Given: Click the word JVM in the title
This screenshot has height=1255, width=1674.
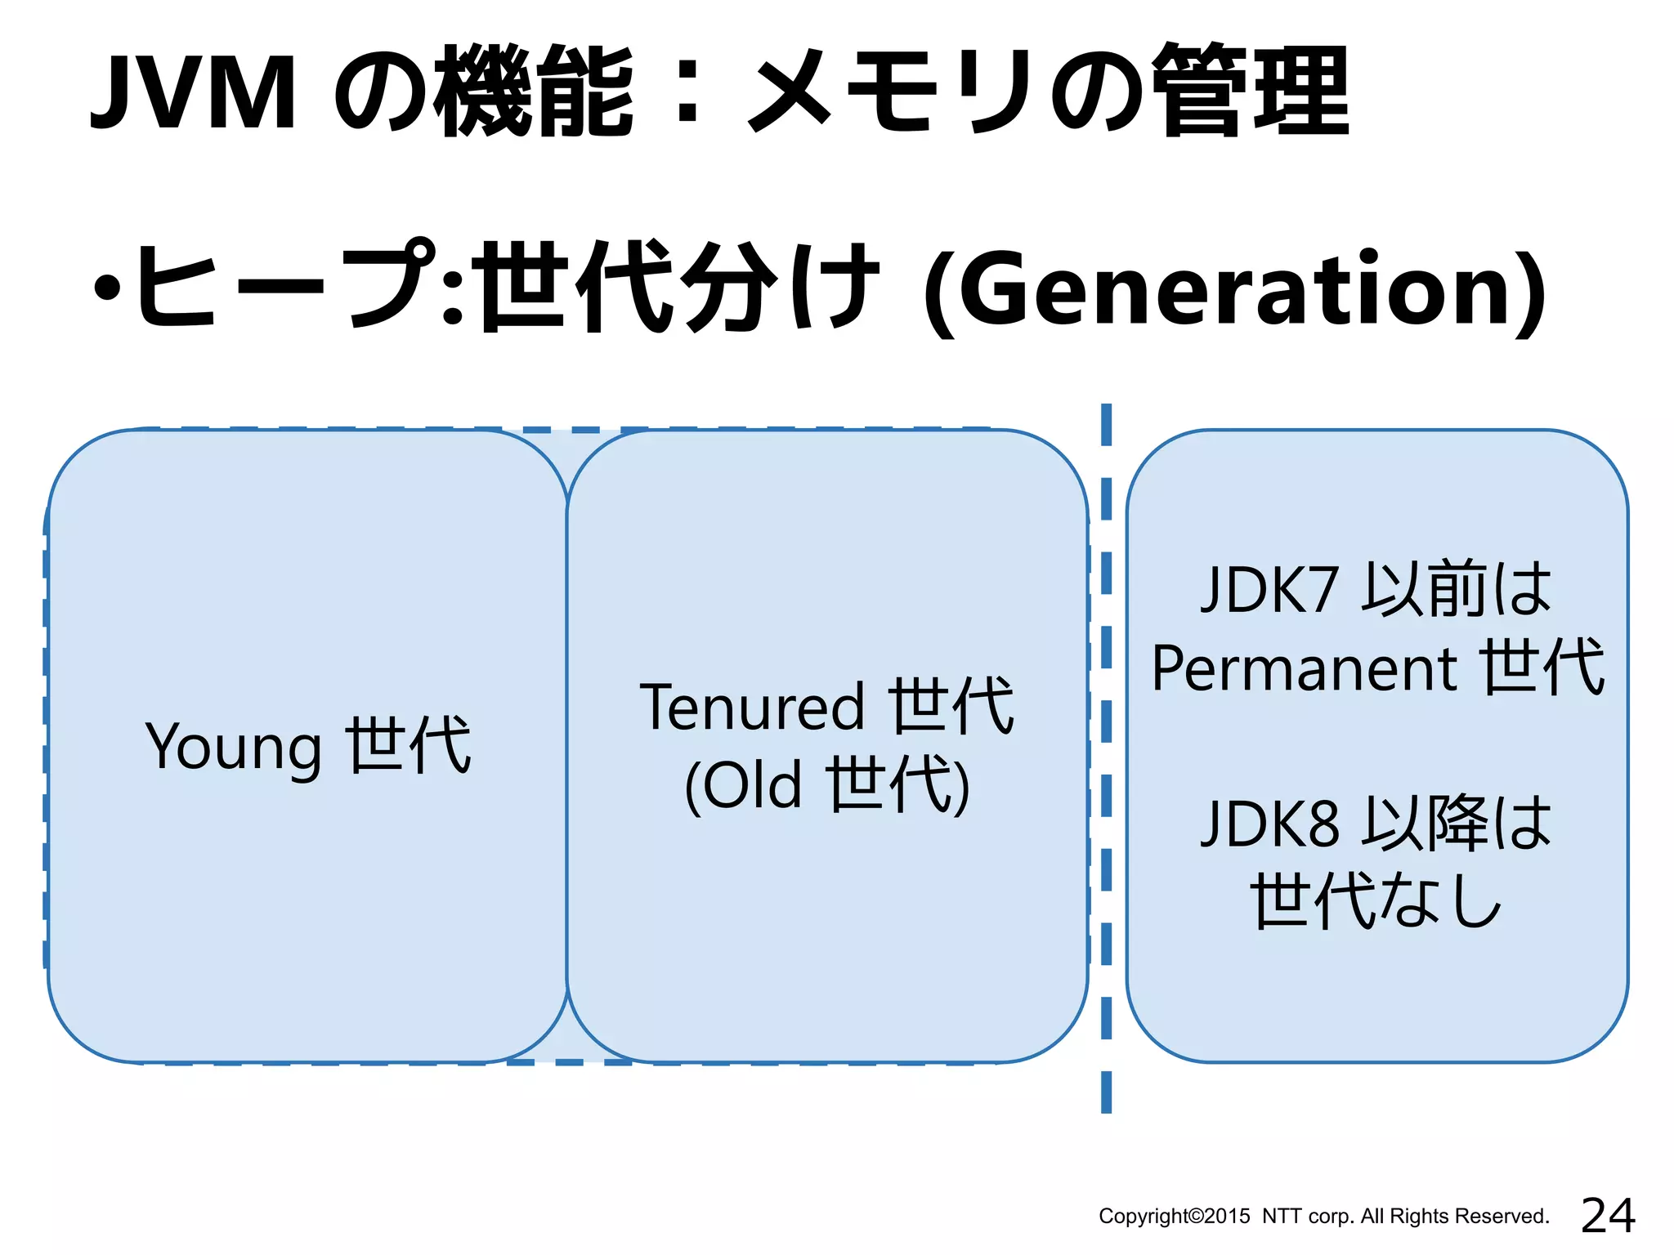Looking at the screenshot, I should click(x=193, y=92).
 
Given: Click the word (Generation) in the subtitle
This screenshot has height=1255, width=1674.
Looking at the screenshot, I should click(x=1235, y=290).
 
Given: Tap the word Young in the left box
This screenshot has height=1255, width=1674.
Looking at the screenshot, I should click(x=233, y=748).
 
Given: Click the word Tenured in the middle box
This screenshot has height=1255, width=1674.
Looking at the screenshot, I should click(x=751, y=708).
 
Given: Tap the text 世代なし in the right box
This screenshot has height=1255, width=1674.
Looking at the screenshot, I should click(x=1376, y=901).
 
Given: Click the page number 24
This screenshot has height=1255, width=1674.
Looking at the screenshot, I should click(x=1608, y=1215).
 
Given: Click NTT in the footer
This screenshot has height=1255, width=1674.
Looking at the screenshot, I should click(x=1282, y=1217).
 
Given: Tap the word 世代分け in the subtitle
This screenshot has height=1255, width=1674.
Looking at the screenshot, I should click(x=679, y=287).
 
